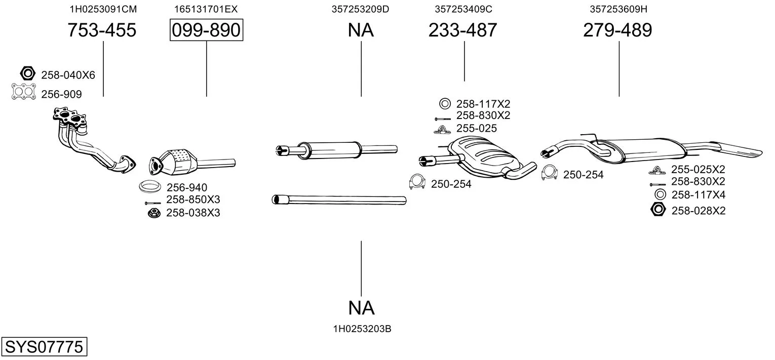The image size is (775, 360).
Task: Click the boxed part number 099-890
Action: pyautogui.click(x=206, y=30)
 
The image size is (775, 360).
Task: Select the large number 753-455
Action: pyautogui.click(x=102, y=30)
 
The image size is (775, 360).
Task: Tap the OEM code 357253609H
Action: pyautogui.click(x=618, y=9)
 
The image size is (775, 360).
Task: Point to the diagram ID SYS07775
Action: pyautogui.click(x=44, y=347)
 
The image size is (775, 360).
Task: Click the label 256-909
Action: pyautogui.click(x=61, y=94)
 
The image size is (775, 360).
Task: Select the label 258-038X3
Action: pyautogui.click(x=193, y=213)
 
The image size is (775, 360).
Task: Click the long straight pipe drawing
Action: pyautogui.click(x=339, y=200)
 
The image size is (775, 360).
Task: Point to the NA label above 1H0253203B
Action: pyautogui.click(x=361, y=307)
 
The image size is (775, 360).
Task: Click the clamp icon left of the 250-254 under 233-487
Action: pyautogui.click(x=417, y=182)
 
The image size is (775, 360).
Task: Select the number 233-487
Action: pyautogui.click(x=463, y=30)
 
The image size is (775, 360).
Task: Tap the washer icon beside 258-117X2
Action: pyautogui.click(x=444, y=104)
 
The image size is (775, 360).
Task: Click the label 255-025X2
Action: pyautogui.click(x=698, y=169)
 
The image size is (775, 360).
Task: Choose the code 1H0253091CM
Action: pyautogui.click(x=103, y=9)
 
